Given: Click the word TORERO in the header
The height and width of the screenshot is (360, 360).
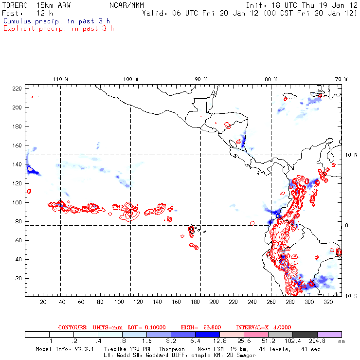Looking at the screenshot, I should pos(15,5).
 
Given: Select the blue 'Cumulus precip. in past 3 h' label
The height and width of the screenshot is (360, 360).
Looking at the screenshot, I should pos(56,21).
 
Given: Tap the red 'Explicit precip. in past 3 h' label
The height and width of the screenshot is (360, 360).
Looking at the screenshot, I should pos(58,28).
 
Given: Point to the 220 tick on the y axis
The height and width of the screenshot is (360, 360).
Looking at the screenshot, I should pos(17,89).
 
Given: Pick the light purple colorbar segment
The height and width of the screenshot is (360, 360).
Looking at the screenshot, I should pos(329,335).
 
